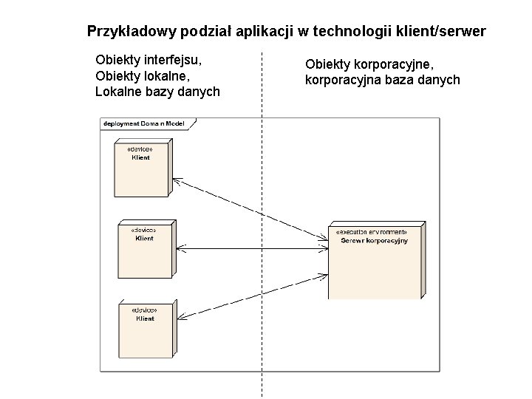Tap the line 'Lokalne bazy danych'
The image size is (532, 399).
coord(157,92)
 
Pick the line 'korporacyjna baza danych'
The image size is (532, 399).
coord(382,80)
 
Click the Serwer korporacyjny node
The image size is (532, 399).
coord(375,262)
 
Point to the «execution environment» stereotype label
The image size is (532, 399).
coord(371,232)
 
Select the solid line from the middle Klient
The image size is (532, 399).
coord(251,248)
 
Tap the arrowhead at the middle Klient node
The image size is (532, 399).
coord(181,248)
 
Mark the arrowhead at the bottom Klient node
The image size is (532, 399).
coord(182,317)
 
